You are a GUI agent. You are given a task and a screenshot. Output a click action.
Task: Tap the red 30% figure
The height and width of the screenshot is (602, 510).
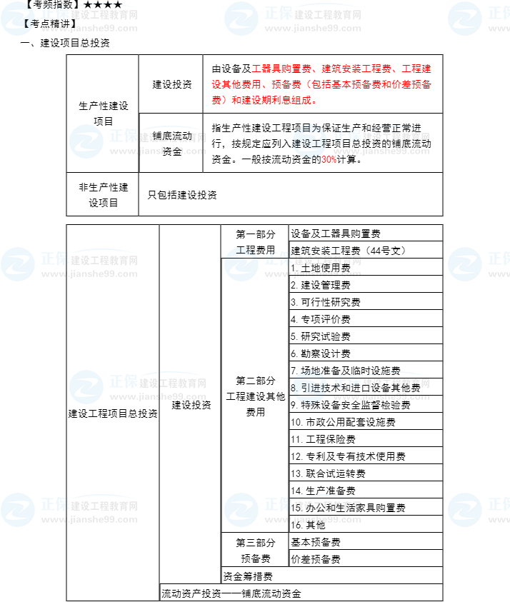coord(329,160)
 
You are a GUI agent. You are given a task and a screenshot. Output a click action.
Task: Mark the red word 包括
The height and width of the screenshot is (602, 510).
coord(321,84)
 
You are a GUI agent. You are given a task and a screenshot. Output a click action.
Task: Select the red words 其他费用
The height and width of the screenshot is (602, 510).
coord(242,84)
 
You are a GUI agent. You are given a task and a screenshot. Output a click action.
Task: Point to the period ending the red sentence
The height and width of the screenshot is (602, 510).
coord(314,101)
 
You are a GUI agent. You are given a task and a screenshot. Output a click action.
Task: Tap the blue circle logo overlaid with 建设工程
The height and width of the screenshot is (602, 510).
coord(309,141)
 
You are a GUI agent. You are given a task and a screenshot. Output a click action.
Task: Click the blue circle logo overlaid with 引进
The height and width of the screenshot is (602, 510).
coord(309,386)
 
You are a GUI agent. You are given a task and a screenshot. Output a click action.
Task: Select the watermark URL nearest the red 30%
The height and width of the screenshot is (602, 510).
coord(381,151)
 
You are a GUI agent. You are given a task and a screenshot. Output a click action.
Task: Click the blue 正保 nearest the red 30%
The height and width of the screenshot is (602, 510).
coord(347,136)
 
